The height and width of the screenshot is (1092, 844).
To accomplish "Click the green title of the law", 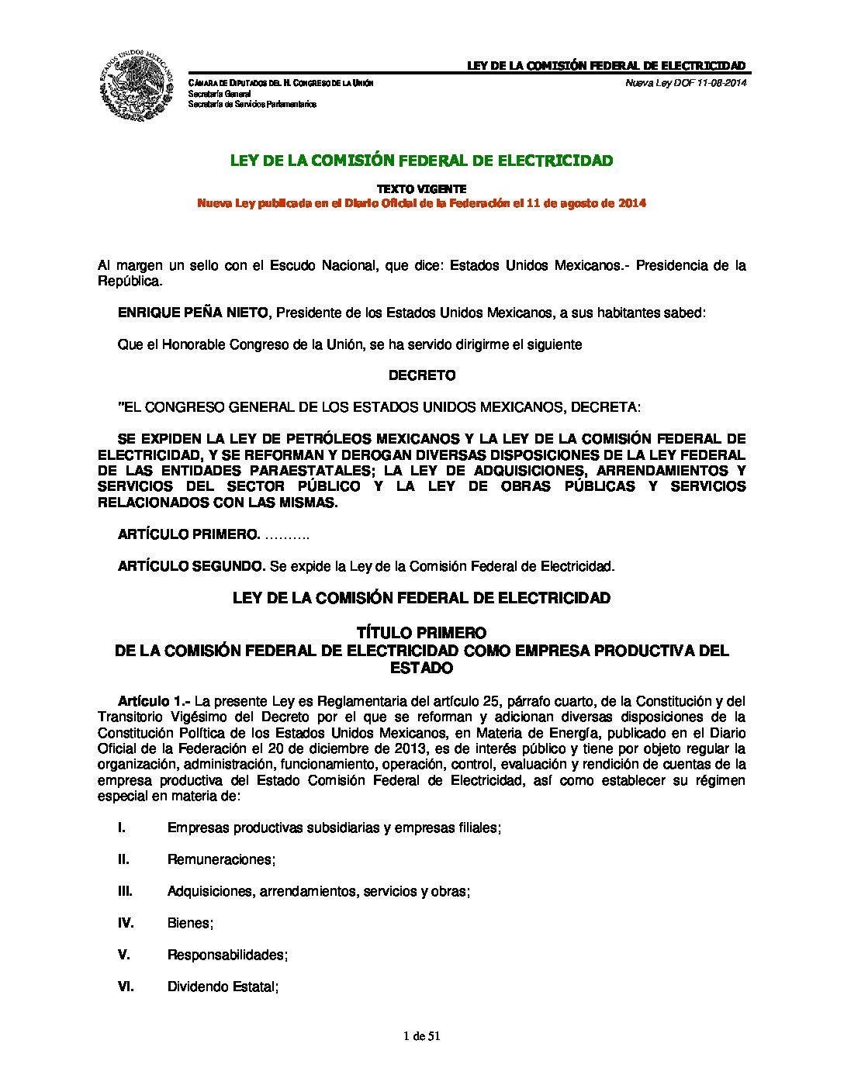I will point(421,161).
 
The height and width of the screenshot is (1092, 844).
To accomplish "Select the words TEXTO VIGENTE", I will point(421,188).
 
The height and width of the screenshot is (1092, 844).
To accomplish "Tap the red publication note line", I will point(421,203).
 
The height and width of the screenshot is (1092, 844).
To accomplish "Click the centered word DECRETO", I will point(421,375).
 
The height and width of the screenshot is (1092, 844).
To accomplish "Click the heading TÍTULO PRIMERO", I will point(421,633).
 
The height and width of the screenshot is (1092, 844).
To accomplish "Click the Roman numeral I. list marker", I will point(122,828).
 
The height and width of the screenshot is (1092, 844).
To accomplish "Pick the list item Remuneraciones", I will point(222,859).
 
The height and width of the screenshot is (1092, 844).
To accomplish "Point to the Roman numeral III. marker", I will point(125,891).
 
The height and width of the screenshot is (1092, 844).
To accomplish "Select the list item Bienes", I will point(190,923).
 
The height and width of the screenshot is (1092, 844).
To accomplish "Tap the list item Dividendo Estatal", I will point(223,987).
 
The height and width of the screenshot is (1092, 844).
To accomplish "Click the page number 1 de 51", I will point(422,1035).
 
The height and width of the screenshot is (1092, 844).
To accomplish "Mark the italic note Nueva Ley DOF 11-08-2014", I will point(686,83).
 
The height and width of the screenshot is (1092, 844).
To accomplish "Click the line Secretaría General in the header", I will point(220,94).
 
